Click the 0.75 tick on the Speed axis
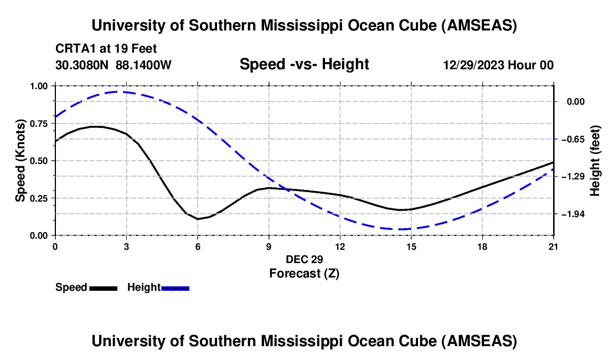coord(40,124)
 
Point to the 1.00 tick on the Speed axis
coord(40,86)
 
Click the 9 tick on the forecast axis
coord(269,246)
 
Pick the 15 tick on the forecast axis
coord(411,246)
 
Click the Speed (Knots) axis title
coord(20,161)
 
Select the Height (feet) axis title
coord(596,161)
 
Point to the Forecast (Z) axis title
coord(304,273)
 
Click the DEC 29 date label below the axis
coord(304,259)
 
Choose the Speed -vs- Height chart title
coord(304,65)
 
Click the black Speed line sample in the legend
coord(103,288)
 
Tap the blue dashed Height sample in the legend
coord(175,288)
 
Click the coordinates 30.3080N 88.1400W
coord(113,65)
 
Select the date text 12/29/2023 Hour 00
coord(498,65)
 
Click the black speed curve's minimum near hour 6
coord(198,219)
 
